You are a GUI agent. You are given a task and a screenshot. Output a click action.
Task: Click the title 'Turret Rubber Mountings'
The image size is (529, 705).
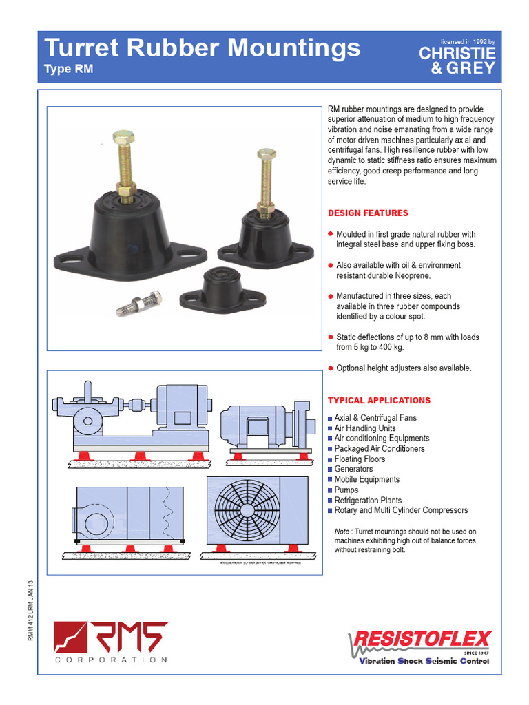tap(203, 48)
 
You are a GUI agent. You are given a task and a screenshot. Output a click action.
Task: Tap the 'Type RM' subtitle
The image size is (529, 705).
tap(68, 69)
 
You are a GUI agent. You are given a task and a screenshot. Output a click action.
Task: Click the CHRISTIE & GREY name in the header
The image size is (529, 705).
tap(457, 61)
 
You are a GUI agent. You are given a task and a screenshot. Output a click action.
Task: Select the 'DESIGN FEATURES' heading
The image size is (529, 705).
tap(368, 213)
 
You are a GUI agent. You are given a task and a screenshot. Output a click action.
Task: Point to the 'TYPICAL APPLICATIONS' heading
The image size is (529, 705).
tap(379, 401)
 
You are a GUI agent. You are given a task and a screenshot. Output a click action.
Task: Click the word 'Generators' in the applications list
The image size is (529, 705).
tap(353, 470)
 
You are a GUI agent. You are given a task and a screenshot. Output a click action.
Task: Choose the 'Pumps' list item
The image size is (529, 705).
tap(346, 490)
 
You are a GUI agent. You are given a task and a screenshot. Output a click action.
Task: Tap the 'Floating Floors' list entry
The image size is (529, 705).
tap(360, 459)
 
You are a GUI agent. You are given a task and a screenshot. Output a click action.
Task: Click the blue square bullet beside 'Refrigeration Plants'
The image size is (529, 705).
tap(330, 501)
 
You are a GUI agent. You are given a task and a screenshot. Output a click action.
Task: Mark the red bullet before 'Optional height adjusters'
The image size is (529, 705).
tap(331, 368)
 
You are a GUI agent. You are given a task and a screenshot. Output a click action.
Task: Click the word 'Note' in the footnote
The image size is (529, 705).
tap(342, 532)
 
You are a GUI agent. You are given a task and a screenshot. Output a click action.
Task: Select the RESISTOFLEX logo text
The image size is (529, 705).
tap(422, 640)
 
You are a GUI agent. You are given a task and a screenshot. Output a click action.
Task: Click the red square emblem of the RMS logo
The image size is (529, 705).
tap(70, 638)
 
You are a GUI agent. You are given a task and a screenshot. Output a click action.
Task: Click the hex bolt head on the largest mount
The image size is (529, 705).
tap(123, 135)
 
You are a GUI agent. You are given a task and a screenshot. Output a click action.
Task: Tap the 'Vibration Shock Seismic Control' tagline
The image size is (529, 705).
tap(424, 662)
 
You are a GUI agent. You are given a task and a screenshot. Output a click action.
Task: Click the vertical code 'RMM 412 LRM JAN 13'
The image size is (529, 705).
tap(30, 611)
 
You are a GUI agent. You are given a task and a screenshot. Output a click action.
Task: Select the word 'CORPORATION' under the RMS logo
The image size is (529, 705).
tap(111, 660)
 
